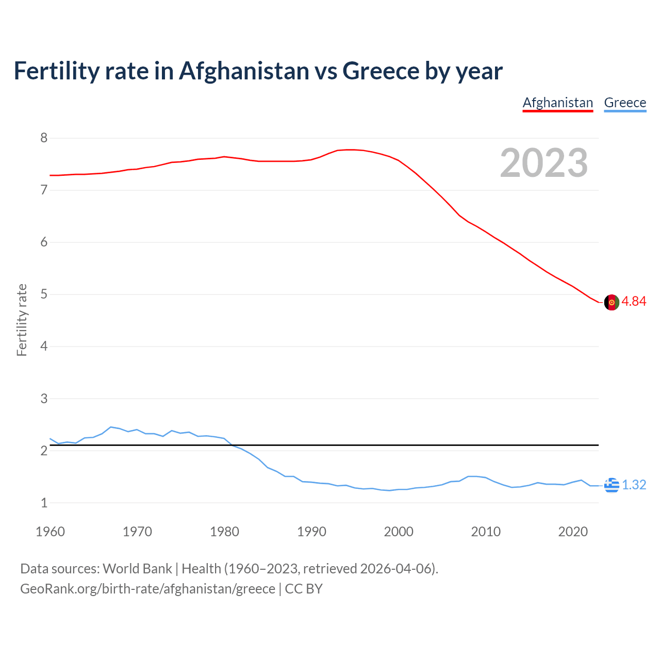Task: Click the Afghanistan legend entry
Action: (558, 103)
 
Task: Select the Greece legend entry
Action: (625, 103)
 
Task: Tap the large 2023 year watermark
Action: (544, 163)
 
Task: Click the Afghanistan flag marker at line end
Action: (612, 302)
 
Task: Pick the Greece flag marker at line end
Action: (612, 485)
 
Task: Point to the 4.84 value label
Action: (634, 302)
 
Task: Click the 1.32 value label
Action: (634, 485)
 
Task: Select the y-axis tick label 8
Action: (44, 138)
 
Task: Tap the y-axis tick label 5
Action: (44, 294)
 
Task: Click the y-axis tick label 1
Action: (44, 503)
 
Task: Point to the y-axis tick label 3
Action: (44, 399)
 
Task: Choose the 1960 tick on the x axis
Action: (50, 532)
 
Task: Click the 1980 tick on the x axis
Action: (224, 532)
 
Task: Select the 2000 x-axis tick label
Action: (399, 532)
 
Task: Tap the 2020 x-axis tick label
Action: (573, 532)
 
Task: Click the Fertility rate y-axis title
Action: (22, 320)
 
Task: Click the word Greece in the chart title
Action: (381, 71)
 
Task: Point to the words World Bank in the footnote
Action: (137, 569)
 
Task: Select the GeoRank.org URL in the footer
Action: (147, 589)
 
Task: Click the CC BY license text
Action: (304, 589)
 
